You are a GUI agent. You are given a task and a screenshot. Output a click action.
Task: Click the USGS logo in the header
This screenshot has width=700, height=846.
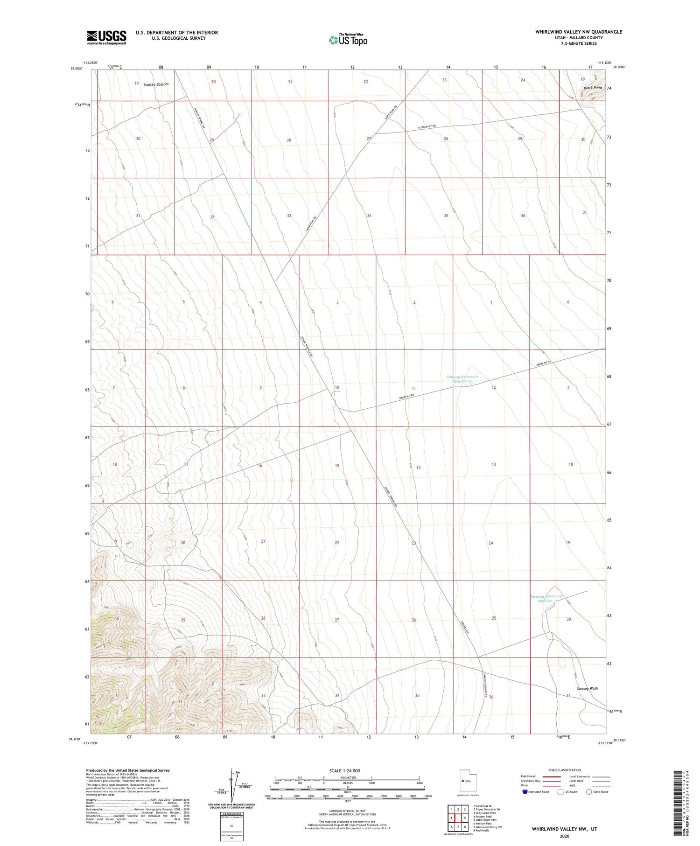[x=106, y=37]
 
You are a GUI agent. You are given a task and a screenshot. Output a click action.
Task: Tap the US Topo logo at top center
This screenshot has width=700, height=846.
[x=348, y=40]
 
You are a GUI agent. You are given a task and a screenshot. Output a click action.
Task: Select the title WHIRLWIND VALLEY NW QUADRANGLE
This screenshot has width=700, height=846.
[x=579, y=32]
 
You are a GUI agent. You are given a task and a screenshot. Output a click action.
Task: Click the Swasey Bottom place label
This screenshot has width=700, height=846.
[x=156, y=84]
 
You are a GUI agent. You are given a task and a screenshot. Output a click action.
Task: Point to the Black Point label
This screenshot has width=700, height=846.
[x=593, y=88]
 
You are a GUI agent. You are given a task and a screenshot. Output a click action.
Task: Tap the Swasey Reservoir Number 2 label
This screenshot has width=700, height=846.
[x=462, y=379]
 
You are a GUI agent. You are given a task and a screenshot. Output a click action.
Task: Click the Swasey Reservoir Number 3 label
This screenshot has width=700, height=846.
[x=546, y=599]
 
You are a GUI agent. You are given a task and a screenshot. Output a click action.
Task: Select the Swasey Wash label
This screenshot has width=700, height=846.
[x=587, y=688]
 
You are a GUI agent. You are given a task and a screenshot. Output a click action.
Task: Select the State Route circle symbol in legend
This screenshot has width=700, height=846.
[x=589, y=792]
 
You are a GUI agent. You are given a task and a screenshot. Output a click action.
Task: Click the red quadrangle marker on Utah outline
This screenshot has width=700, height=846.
[x=462, y=781]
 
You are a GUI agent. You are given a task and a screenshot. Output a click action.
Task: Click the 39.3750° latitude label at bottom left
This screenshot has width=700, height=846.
[x=77, y=739]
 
